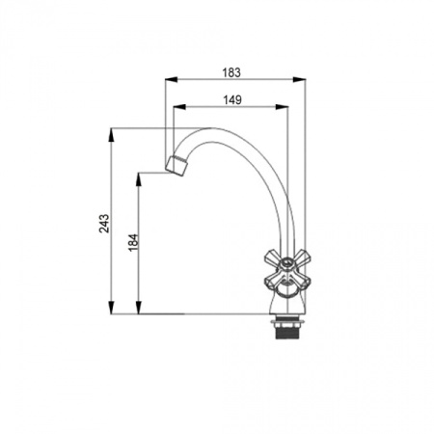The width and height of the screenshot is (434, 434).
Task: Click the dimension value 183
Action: point(231,72)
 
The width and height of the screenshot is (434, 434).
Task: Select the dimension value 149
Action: point(232,100)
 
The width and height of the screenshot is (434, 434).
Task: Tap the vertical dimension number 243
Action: point(104,224)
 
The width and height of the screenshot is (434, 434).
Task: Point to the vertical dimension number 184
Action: point(133,243)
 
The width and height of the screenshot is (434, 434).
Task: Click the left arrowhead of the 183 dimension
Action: point(171,80)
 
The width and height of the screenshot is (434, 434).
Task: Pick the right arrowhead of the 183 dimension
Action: point(299,80)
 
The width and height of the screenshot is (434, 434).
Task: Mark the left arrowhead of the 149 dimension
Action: point(179,107)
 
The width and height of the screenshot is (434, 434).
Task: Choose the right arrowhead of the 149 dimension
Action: point(282,107)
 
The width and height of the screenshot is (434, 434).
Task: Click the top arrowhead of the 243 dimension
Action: point(111,135)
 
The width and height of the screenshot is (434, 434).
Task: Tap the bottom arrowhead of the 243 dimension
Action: point(111,308)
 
